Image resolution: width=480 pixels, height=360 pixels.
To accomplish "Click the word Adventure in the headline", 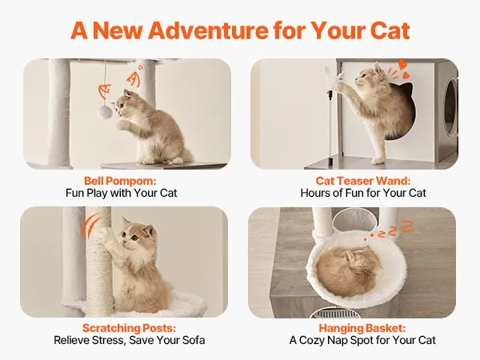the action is [208, 30].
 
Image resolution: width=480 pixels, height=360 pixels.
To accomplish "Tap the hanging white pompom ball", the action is [105, 113].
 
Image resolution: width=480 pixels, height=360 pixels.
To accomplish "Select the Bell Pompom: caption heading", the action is [120, 181].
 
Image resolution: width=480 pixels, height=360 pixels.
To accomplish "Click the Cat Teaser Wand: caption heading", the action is [363, 181].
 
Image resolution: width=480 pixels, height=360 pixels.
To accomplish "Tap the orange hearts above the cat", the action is [403, 69].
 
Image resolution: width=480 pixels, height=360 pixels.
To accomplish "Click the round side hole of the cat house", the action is [450, 107].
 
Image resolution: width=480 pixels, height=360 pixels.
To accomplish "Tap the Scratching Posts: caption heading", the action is [129, 328].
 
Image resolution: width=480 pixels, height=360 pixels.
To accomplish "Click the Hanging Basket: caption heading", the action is [362, 328].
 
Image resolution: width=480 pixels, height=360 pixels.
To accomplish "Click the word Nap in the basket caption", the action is [337, 341].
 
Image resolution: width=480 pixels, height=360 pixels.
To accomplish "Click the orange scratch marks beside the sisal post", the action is [90, 226].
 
